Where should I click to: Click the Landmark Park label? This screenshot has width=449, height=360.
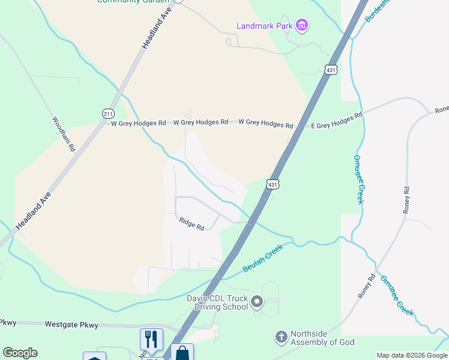tap(264, 26)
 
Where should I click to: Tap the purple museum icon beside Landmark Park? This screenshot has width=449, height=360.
tap(302, 25)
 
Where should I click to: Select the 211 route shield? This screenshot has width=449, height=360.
tap(108, 113)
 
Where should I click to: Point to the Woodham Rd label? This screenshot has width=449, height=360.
tap(64, 133)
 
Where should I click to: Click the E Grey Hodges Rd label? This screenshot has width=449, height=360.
tap(337, 121)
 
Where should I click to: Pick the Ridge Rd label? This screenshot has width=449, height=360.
tap(191, 224)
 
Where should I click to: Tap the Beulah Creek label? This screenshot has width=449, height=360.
tap(263, 260)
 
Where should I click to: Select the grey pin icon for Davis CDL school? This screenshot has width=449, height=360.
tap(258, 302)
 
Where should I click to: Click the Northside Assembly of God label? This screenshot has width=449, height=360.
tap(322, 338)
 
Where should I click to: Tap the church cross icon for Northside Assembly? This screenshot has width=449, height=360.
tap(280, 337)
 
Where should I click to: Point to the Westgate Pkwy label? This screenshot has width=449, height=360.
tap(71, 325)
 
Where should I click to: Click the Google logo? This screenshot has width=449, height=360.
tap(20, 353)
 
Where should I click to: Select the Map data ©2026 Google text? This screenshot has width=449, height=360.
tap(412, 355)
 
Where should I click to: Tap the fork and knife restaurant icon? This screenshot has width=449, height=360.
tap(151, 339)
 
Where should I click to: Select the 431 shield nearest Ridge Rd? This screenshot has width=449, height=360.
tap(273, 185)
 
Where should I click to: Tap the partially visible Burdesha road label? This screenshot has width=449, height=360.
tap(378, 11)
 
